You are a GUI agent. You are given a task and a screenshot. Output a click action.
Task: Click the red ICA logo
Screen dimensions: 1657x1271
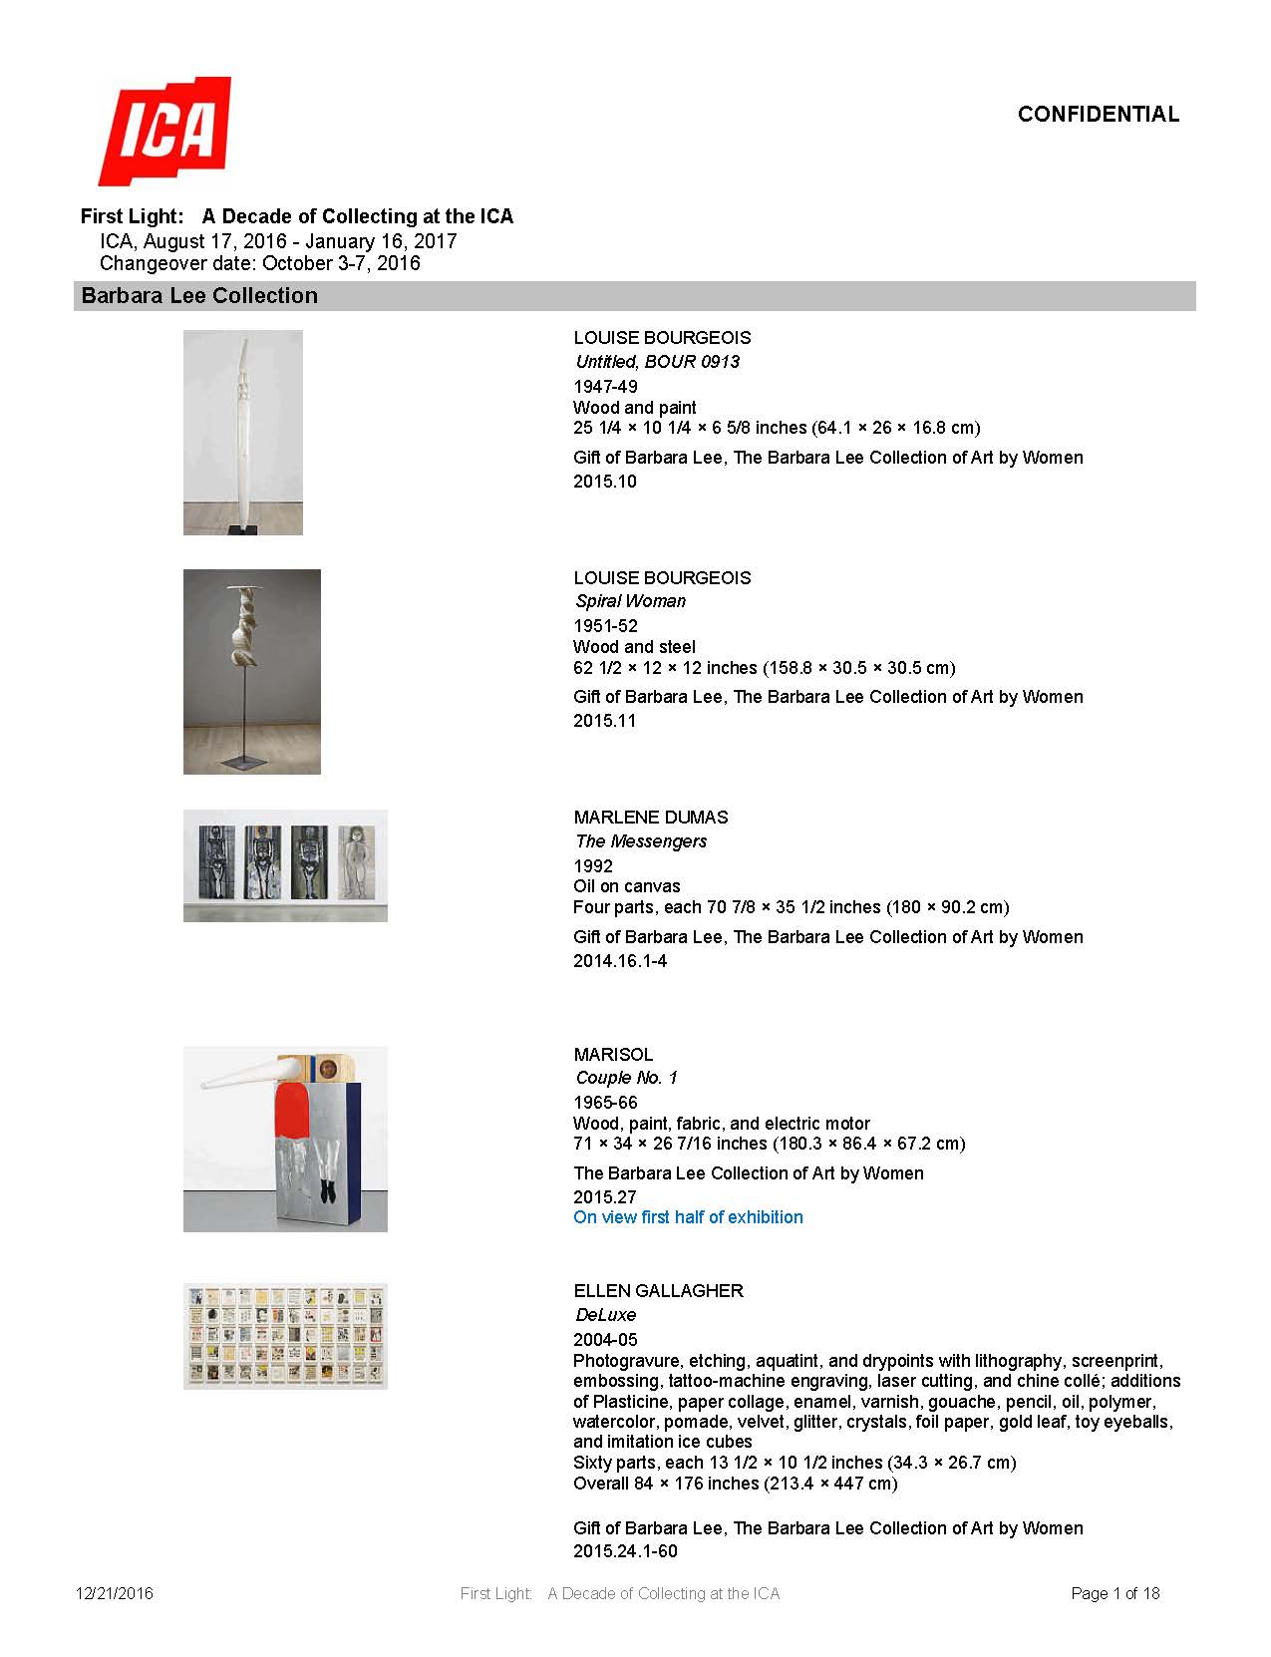165,131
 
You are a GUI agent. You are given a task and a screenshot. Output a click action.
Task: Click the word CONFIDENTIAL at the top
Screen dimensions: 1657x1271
1098,115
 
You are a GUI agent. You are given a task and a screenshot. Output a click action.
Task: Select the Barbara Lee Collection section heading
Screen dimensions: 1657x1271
199,296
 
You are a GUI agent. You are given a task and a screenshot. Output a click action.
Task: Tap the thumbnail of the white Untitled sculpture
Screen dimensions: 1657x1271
242,432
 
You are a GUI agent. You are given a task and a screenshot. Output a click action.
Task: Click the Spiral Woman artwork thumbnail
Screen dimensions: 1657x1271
251,671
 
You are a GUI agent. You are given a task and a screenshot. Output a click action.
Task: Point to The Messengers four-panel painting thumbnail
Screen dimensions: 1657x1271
285,864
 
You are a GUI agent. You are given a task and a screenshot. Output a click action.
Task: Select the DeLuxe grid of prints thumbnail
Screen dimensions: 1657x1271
285,1335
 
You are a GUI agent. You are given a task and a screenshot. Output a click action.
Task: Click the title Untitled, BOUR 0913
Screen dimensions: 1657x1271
657,362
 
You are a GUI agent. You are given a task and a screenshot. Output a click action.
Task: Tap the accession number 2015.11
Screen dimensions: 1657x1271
604,721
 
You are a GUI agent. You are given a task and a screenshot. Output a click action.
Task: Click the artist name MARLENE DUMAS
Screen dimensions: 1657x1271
651,818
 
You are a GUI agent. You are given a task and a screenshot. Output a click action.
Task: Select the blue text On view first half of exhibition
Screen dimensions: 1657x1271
688,1217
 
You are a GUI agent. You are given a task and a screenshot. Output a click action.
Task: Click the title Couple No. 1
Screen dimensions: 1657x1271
626,1078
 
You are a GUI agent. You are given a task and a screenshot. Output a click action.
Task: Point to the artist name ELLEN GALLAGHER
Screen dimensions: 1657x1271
658,1291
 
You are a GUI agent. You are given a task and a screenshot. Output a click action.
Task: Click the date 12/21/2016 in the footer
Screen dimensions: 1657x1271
115,1593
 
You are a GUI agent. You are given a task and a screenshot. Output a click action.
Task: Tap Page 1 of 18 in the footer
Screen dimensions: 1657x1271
1114,1593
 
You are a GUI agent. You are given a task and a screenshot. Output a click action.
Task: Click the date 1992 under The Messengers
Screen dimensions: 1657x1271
593,866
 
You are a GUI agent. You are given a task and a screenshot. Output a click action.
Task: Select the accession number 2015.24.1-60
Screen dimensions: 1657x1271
625,1551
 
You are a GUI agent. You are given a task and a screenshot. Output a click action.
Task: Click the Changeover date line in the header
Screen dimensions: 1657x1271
259,264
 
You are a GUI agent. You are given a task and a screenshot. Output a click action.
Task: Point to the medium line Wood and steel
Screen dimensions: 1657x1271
634,647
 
